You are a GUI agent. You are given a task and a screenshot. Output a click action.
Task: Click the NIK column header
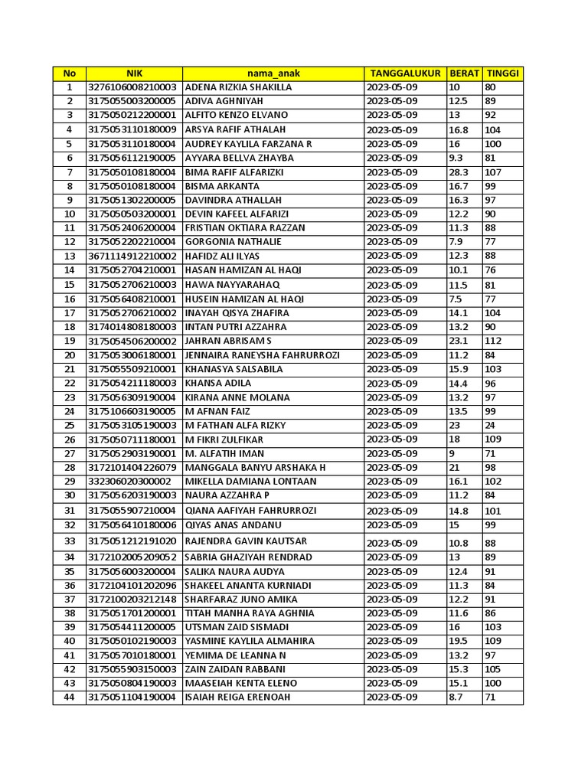[x=134, y=73]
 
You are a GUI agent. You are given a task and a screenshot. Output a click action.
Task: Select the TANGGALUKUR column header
[x=405, y=73]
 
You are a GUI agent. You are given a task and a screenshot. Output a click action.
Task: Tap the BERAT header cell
[x=464, y=73]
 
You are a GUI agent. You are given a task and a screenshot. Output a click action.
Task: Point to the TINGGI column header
[x=502, y=73]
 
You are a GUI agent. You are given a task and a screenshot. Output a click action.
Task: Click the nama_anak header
[x=273, y=73]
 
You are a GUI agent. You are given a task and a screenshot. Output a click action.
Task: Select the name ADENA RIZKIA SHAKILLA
[x=238, y=87]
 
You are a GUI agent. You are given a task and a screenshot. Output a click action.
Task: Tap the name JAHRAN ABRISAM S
[x=228, y=341]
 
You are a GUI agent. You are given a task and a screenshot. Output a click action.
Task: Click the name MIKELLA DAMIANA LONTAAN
[x=250, y=482]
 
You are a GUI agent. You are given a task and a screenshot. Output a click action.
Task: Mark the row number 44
[x=70, y=697]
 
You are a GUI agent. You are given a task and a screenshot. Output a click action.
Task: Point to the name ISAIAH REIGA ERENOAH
[x=237, y=697]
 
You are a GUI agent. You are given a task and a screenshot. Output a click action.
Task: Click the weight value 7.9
[x=456, y=242]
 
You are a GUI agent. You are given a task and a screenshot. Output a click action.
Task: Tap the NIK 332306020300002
[x=130, y=482]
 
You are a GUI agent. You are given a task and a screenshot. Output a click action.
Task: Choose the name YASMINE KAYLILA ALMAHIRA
[x=250, y=642]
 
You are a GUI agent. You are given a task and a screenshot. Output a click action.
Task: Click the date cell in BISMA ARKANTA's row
[x=392, y=186]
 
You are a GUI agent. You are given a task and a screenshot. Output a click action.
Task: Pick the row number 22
[x=70, y=383]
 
